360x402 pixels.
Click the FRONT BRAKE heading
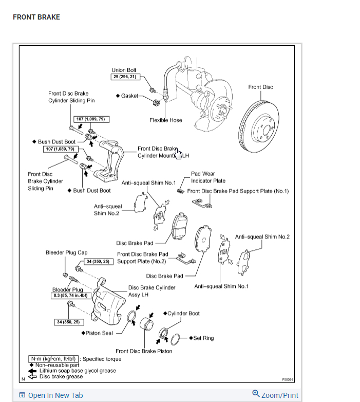click(36, 17)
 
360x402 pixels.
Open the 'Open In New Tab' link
click(51, 395)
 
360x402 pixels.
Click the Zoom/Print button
click(275, 395)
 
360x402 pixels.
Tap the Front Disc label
click(260, 87)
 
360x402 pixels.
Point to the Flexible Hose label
click(165, 120)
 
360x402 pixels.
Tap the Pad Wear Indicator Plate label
click(208, 177)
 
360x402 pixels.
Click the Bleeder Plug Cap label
click(66, 252)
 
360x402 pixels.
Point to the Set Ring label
click(203, 338)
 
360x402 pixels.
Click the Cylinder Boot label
click(183, 313)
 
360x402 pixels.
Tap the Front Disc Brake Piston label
click(144, 351)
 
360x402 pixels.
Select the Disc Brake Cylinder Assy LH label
click(151, 291)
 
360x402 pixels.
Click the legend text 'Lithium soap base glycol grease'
click(78, 370)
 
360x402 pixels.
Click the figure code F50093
click(288, 379)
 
